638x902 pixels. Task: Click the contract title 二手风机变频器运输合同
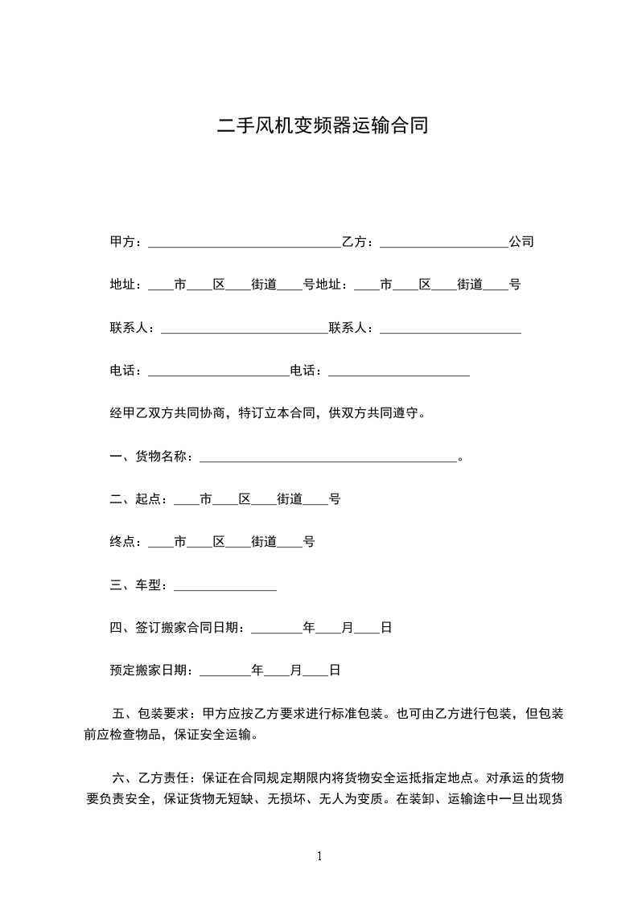(x=323, y=126)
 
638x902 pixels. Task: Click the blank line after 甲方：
(x=245, y=243)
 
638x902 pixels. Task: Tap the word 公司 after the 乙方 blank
(x=521, y=242)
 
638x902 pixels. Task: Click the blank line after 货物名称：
(x=327, y=458)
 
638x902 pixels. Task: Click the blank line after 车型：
(x=225, y=587)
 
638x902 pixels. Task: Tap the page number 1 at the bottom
(x=319, y=856)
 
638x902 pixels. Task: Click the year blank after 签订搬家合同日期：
(x=276, y=629)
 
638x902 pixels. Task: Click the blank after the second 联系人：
(x=450, y=329)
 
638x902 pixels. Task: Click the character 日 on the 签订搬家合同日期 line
(x=385, y=628)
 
